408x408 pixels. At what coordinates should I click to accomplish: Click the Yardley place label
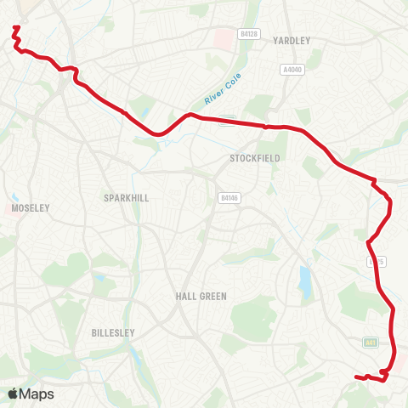[292, 40]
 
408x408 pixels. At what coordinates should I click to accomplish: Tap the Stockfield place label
[249, 158]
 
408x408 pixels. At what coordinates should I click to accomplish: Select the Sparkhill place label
[126, 197]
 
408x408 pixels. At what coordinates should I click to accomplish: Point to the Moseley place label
[31, 207]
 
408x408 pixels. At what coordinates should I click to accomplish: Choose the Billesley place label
[114, 333]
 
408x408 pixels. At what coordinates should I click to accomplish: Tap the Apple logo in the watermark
[13, 394]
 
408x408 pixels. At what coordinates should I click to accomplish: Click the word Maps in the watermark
[37, 394]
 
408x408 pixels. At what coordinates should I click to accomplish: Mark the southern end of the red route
[355, 377]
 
